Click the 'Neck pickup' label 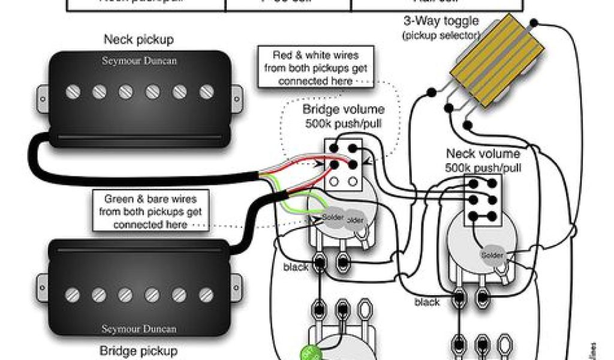(139, 40)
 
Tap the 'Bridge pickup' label (139, 350)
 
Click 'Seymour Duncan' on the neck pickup (139, 61)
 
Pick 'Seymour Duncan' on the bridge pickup (139, 329)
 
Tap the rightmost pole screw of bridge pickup (207, 294)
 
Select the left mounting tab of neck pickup (43, 97)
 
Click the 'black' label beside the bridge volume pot (296, 267)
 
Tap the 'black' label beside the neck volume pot (427, 302)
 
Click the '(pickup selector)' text (441, 35)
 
